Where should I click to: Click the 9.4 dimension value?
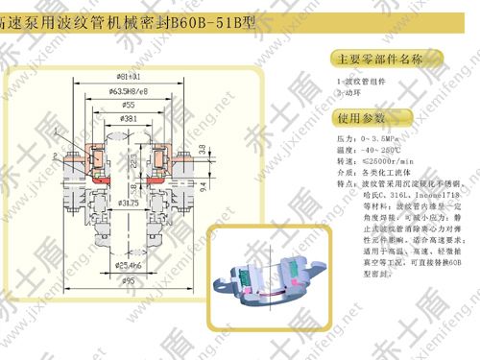coord(214,179)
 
